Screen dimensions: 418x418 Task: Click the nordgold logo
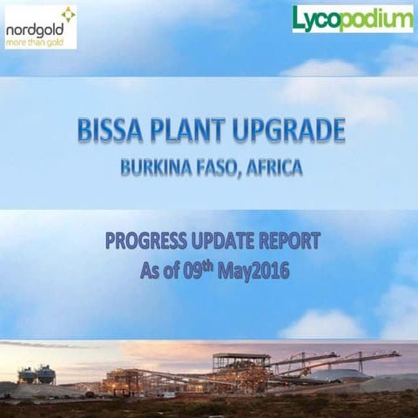pyautogui.click(x=40, y=27)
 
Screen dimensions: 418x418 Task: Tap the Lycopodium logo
pyautogui.click(x=353, y=18)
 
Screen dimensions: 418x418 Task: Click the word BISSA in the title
pyautogui.click(x=109, y=133)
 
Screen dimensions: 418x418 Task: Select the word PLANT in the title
pyautogui.click(x=191, y=133)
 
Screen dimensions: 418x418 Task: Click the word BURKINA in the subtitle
pyautogui.click(x=155, y=169)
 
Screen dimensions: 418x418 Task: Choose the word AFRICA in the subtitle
pyautogui.click(x=274, y=169)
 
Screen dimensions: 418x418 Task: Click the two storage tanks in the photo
pyautogui.click(x=37, y=374)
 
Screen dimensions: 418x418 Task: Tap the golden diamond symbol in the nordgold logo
pyautogui.click(x=68, y=15)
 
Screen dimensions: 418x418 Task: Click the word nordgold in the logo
pyautogui.click(x=33, y=28)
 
